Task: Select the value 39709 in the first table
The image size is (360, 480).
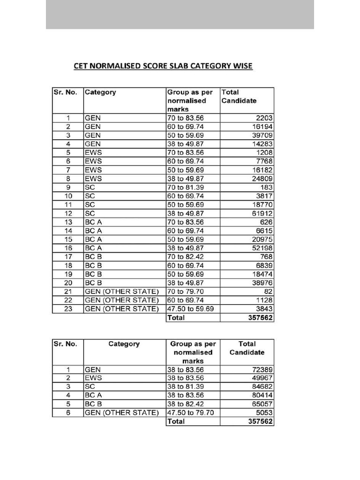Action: pyautogui.click(x=262, y=135)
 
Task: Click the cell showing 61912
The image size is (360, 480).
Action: pyautogui.click(x=262, y=214)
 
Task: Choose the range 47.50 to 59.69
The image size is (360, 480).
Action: pyautogui.click(x=190, y=309)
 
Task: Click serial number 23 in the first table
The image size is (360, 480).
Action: pyautogui.click(x=68, y=309)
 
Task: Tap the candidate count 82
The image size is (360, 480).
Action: pyautogui.click(x=269, y=292)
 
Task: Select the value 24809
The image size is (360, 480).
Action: pyautogui.click(x=262, y=179)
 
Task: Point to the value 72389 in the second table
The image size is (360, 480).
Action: pyautogui.click(x=262, y=370)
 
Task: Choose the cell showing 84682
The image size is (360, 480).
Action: pyautogui.click(x=262, y=387)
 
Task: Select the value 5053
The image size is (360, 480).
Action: pyautogui.click(x=264, y=413)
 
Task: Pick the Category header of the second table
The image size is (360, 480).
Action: pyautogui.click(x=124, y=344)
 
